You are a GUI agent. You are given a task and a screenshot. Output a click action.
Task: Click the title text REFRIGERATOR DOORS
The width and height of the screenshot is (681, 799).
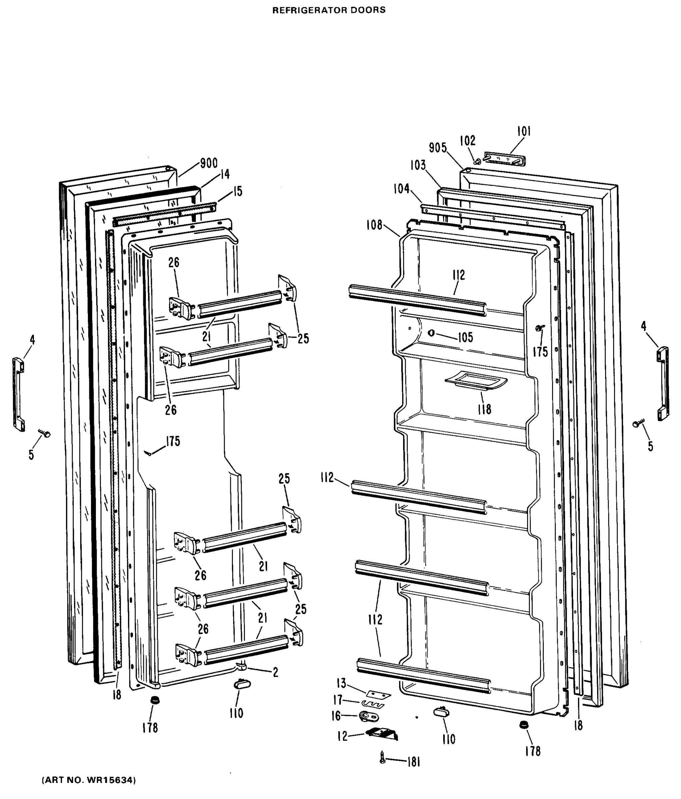tap(329, 10)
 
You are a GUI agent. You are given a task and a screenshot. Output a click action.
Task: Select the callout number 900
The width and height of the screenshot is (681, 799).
tap(209, 163)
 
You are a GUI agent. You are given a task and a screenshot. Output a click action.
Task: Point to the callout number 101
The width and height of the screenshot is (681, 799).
tap(524, 132)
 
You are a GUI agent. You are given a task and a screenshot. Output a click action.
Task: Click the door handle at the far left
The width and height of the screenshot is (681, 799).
tap(19, 395)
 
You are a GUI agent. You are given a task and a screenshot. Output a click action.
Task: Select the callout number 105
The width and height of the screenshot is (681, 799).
tap(465, 338)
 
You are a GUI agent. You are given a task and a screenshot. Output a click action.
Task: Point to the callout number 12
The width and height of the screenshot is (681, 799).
tap(342, 736)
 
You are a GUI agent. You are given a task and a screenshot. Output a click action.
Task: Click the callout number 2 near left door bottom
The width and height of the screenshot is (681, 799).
tap(275, 672)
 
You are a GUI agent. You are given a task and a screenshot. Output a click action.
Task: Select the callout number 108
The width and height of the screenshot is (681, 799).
tap(374, 225)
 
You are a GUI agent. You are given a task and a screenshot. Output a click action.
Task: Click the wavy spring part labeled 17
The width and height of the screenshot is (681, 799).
tap(373, 705)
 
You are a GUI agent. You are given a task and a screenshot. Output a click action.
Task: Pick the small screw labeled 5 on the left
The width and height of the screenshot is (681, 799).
tap(45, 433)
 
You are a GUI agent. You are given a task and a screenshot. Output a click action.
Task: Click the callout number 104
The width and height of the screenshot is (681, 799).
tap(401, 189)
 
